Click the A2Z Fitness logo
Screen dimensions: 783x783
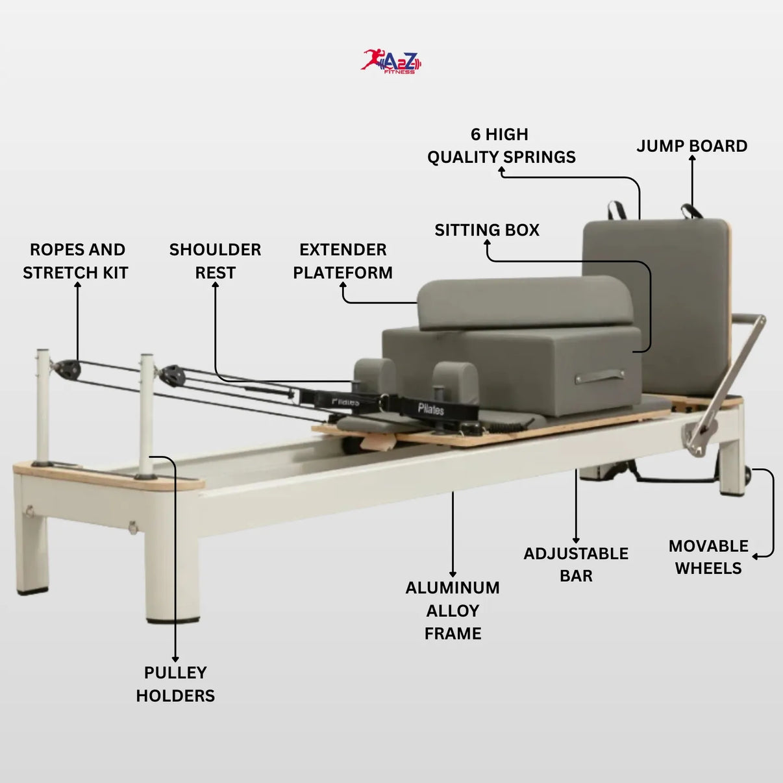point(391,62)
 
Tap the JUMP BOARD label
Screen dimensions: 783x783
point(691,146)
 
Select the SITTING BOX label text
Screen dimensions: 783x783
point(487,230)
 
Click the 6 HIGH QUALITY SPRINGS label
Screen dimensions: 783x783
point(501,145)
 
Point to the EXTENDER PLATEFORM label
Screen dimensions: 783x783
point(343,261)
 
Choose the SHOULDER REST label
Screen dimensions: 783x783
point(215,261)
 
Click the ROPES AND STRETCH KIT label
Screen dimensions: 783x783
point(75,261)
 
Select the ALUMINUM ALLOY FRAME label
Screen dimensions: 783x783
point(453,610)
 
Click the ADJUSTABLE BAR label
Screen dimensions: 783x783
point(576,564)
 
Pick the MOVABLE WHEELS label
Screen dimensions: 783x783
point(708,556)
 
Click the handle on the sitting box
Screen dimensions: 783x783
point(600,377)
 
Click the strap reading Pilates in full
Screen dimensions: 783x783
point(433,408)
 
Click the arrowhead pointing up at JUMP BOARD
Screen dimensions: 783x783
point(692,158)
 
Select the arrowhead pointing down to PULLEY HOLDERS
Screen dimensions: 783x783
point(175,659)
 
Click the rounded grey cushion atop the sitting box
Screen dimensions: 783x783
point(525,303)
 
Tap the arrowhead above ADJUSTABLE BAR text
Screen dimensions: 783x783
point(576,540)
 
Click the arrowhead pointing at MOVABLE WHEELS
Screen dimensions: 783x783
point(755,556)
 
